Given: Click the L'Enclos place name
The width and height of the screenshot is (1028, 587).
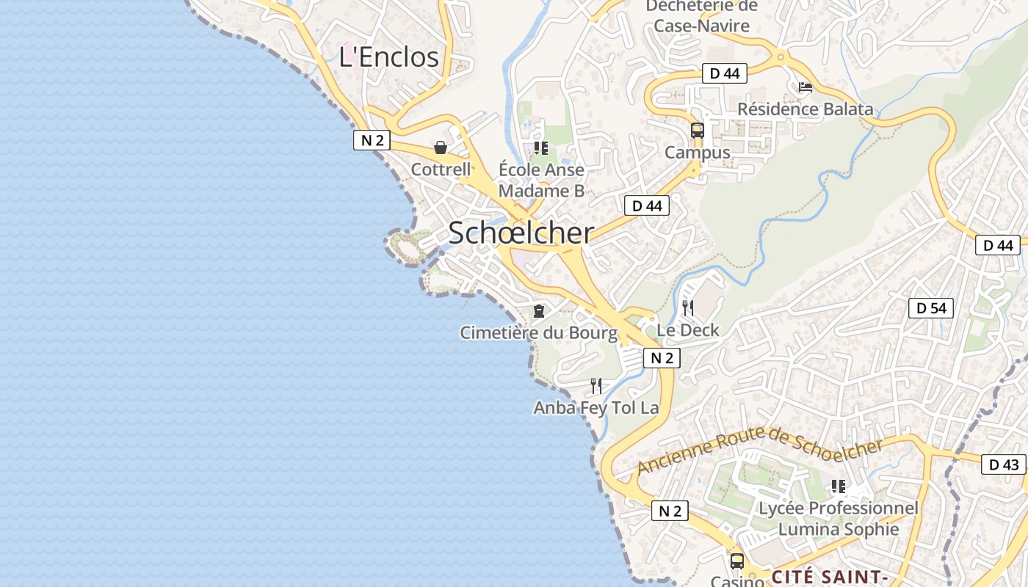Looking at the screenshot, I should click(x=388, y=57).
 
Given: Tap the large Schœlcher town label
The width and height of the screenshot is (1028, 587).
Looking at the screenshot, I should click(x=521, y=233).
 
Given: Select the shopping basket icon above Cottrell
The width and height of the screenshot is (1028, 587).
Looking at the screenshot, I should click(x=441, y=147).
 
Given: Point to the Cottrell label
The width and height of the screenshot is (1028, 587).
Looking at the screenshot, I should click(x=441, y=169).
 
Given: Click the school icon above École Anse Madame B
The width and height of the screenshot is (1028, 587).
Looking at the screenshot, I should click(x=541, y=148).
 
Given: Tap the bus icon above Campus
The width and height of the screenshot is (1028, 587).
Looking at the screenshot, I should click(x=697, y=131).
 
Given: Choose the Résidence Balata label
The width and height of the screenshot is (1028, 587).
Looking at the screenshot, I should click(x=806, y=109).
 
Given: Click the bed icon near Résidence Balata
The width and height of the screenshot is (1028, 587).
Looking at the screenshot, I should click(x=805, y=87).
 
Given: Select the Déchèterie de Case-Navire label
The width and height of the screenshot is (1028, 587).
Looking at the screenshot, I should click(x=702, y=16).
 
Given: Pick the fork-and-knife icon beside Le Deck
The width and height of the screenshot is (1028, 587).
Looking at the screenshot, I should click(x=687, y=307).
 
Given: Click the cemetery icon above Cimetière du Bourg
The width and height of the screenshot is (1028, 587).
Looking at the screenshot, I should click(x=539, y=311).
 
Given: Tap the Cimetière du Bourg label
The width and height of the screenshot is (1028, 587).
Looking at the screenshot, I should click(x=539, y=332).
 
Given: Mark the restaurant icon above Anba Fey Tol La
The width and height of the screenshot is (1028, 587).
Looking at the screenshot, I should click(x=596, y=385).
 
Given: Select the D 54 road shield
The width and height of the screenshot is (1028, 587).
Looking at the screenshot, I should click(x=931, y=308).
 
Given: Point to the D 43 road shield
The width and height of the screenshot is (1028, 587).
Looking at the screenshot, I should click(x=1003, y=464).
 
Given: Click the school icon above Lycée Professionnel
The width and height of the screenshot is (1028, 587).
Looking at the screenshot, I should click(x=838, y=486).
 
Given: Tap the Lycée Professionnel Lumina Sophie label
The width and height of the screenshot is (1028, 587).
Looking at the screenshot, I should click(x=838, y=519).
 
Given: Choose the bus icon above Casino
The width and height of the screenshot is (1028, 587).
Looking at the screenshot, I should click(x=736, y=561).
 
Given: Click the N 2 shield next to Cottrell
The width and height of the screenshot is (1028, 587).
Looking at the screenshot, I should click(x=372, y=140).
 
